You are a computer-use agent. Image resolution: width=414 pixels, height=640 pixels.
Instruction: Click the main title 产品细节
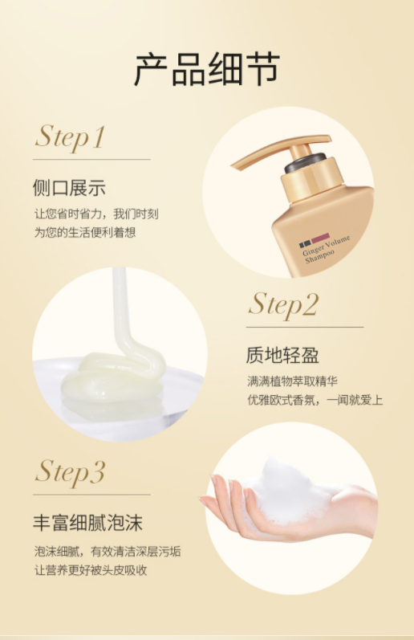coord(207,68)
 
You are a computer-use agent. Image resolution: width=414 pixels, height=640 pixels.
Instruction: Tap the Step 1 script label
coord(70,137)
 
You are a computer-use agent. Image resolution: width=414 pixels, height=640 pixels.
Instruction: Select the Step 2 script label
coord(283,304)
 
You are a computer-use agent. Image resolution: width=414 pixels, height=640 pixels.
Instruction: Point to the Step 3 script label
coord(70,472)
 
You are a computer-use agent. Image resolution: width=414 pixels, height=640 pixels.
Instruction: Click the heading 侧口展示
coord(69,188)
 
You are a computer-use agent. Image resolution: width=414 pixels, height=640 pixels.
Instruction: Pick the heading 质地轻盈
coord(282,355)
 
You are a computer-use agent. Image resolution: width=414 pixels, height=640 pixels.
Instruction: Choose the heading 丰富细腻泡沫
coord(87,523)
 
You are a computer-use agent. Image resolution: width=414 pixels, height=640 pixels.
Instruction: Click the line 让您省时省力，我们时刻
coord(96,214)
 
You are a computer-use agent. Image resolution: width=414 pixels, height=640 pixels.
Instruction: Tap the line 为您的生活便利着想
coord(85,233)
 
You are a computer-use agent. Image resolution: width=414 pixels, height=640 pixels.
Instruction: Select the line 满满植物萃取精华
coord(293,381)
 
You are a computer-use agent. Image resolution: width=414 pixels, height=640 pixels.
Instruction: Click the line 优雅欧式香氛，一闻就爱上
coord(315,400)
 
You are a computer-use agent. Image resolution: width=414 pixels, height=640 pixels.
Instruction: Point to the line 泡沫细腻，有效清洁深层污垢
coord(108,552)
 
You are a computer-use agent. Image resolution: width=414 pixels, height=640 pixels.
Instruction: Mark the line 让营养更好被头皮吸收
coord(91,570)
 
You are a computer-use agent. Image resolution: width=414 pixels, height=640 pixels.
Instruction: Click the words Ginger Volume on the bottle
coord(326,246)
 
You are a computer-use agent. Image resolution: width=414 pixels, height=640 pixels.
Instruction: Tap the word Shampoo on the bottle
coord(320,256)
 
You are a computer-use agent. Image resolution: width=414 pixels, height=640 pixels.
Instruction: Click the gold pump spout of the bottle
coord(278,150)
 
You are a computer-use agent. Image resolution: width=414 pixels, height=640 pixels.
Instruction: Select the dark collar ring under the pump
coord(305,162)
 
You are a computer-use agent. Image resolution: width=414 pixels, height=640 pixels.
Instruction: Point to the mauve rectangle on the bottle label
coord(321,238)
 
